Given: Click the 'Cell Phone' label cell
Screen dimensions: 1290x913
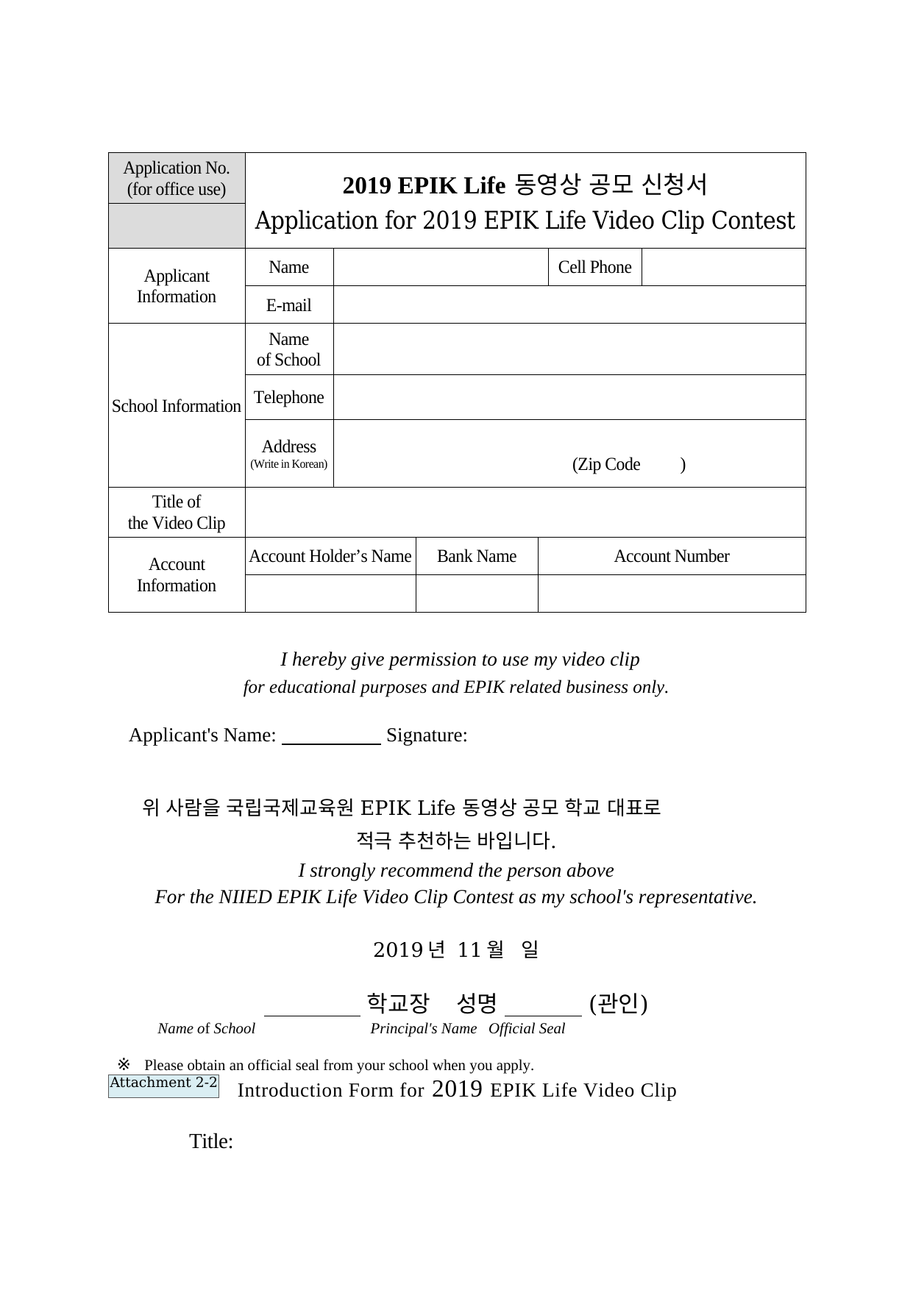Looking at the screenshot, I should pyautogui.click(x=594, y=267).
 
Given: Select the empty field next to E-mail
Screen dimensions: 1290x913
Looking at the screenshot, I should pyautogui.click(x=569, y=304).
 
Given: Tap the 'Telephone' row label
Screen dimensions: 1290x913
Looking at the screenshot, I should pyautogui.click(x=288, y=397).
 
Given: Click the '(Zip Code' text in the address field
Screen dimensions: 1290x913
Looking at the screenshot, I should pyautogui.click(x=606, y=464).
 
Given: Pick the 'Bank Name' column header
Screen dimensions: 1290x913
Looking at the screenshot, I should pyautogui.click(x=477, y=556).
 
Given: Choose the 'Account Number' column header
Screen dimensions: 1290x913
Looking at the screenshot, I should pyautogui.click(x=671, y=556).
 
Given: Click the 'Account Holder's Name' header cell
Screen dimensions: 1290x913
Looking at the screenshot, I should pyautogui.click(x=330, y=556).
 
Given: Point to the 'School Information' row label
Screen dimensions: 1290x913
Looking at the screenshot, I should pyautogui.click(x=177, y=406).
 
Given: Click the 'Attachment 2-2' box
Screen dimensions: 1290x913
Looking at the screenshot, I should pyautogui.click(x=163, y=1083).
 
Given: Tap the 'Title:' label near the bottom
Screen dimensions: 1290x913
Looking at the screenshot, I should pyautogui.click(x=211, y=1141).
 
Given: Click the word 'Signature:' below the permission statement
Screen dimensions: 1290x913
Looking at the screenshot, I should pyautogui.click(x=427, y=735).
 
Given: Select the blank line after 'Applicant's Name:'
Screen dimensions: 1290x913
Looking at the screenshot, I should pyautogui.click(x=331, y=738).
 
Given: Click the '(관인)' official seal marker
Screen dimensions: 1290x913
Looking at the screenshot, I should pyautogui.click(x=618, y=1002).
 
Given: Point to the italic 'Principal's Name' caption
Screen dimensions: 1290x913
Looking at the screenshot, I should pyautogui.click(x=423, y=1028).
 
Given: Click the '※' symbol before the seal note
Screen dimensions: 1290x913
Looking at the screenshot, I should pyautogui.click(x=124, y=1063).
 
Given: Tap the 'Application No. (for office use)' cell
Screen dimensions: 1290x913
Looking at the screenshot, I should pyautogui.click(x=177, y=178).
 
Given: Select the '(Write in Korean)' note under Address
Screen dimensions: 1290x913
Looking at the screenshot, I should pyautogui.click(x=288, y=464).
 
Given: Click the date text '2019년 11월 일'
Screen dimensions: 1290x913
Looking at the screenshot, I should pyautogui.click(x=455, y=949).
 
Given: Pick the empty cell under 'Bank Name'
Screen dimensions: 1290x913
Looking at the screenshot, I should pyautogui.click(x=477, y=593).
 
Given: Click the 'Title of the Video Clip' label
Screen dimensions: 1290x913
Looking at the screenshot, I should pyautogui.click(x=177, y=512).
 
